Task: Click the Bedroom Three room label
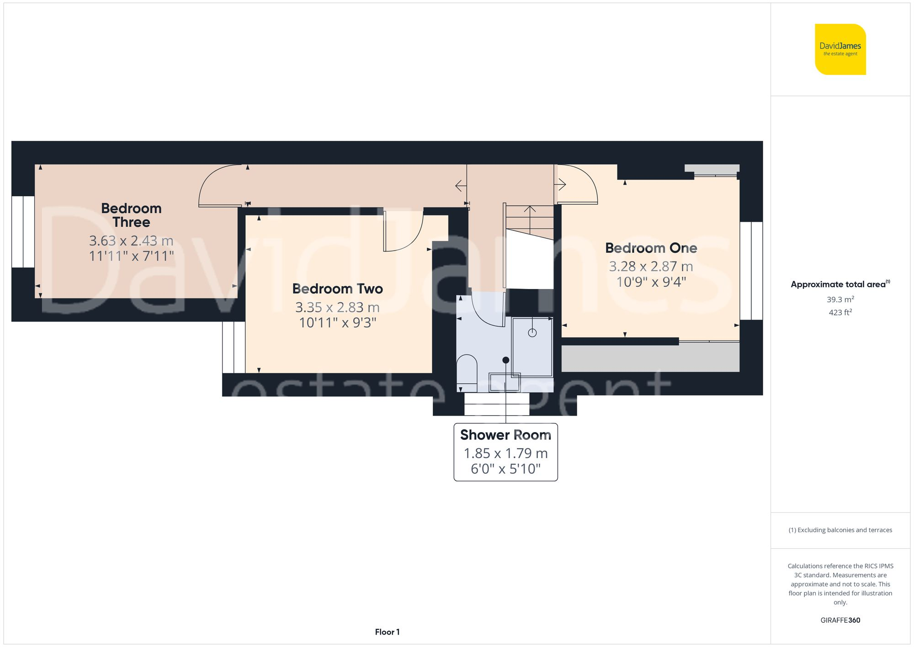coord(131,215)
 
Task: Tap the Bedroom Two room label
coord(337,289)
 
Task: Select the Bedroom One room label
coord(651,248)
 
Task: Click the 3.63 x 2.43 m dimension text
coord(131,241)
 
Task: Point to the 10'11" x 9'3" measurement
coord(337,323)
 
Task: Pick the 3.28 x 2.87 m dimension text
coord(651,266)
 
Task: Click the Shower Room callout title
coord(505,435)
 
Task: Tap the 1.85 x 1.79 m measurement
coord(505,453)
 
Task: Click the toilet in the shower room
coord(467,370)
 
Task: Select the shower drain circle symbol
coord(532,333)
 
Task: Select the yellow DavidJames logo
coord(840,49)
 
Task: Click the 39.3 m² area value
coord(840,299)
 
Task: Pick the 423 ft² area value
coord(840,312)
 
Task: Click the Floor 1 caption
coord(387,632)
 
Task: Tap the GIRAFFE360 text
coord(840,620)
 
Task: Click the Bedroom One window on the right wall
coord(751,271)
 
